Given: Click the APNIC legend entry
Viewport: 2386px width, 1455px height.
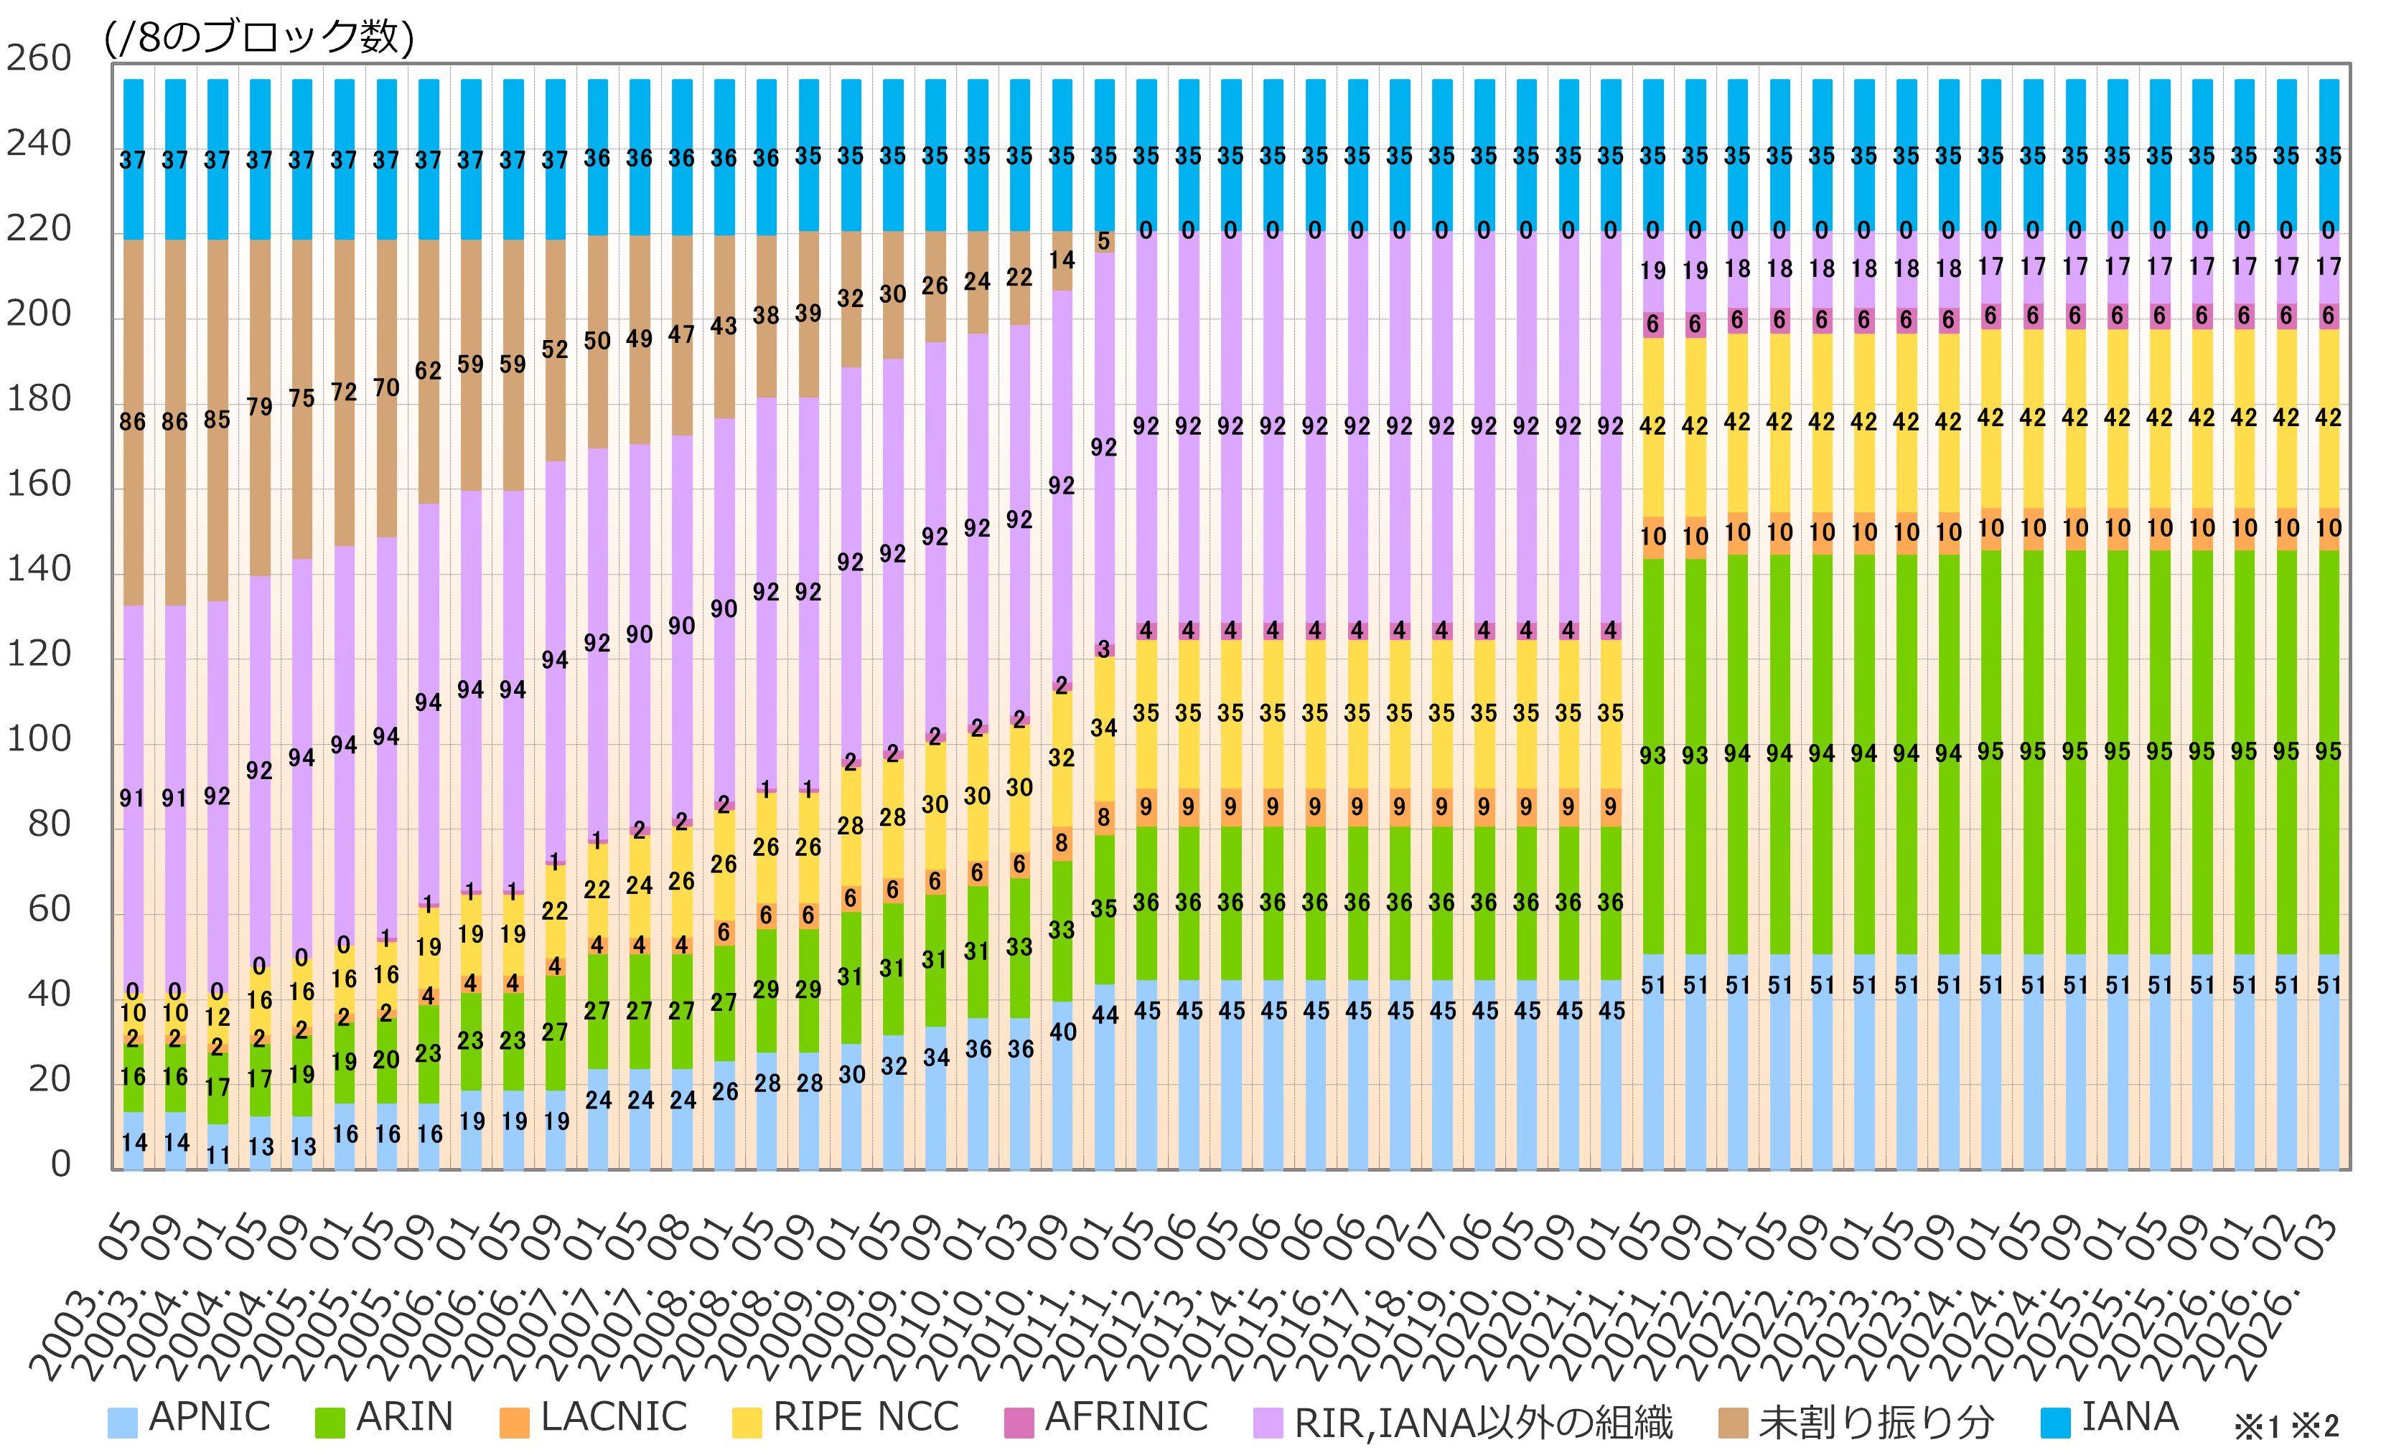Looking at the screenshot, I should (x=190, y=1418).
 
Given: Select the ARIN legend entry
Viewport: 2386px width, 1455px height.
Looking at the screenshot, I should (x=385, y=1418).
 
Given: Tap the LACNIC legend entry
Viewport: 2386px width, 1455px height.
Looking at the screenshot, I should (x=594, y=1418).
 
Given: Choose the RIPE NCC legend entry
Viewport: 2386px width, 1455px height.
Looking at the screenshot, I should (x=846, y=1418).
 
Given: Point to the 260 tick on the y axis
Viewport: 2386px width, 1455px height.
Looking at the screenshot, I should (x=39, y=59).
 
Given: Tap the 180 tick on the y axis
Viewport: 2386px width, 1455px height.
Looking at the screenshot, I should (x=39, y=399).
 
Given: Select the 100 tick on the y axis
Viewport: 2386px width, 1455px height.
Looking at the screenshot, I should (x=39, y=740).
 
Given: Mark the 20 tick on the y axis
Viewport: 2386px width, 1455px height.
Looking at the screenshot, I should (x=50, y=1079).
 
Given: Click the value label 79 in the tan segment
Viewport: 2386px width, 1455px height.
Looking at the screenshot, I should (x=260, y=407).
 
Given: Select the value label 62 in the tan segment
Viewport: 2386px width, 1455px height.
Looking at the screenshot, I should (x=428, y=371).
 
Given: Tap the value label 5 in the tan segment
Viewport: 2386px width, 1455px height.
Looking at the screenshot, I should (x=1104, y=241).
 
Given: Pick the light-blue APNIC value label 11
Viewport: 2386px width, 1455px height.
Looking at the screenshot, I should (x=218, y=1155).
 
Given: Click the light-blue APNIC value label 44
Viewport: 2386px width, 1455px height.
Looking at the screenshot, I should (x=1105, y=1014).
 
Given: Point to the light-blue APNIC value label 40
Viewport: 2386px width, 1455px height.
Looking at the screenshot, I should (x=1062, y=1032).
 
